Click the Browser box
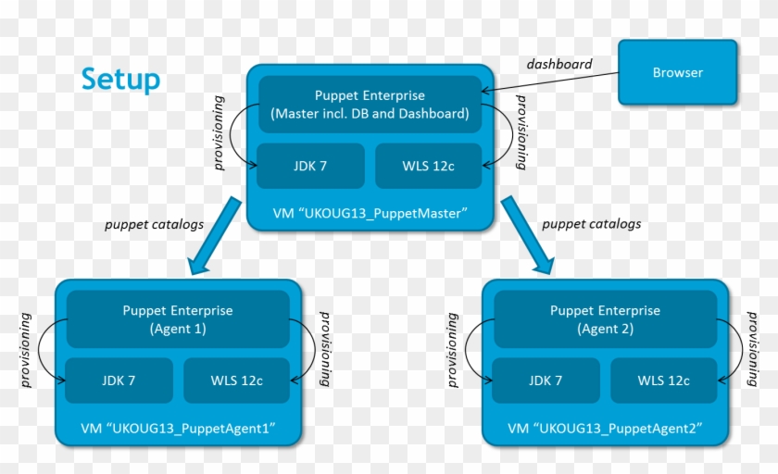coord(677,72)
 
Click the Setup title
coord(120,80)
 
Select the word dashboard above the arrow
coord(558,64)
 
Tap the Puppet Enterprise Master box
coord(370,105)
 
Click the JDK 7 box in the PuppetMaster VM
coord(310,167)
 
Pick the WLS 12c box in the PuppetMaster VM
coord(428,167)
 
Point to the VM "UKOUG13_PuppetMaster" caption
coord(370,214)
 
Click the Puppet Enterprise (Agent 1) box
coord(178,319)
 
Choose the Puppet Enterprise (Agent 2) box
coord(605,319)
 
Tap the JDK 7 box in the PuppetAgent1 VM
coord(119,380)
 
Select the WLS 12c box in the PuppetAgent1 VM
coord(236,380)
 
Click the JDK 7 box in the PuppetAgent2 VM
coord(546,380)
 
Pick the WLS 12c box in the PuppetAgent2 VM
coord(663,380)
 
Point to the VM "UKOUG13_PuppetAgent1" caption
coord(178,429)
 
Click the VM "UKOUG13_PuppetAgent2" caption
coord(605,429)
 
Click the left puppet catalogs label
coord(154,224)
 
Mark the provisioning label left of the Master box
coord(220,132)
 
